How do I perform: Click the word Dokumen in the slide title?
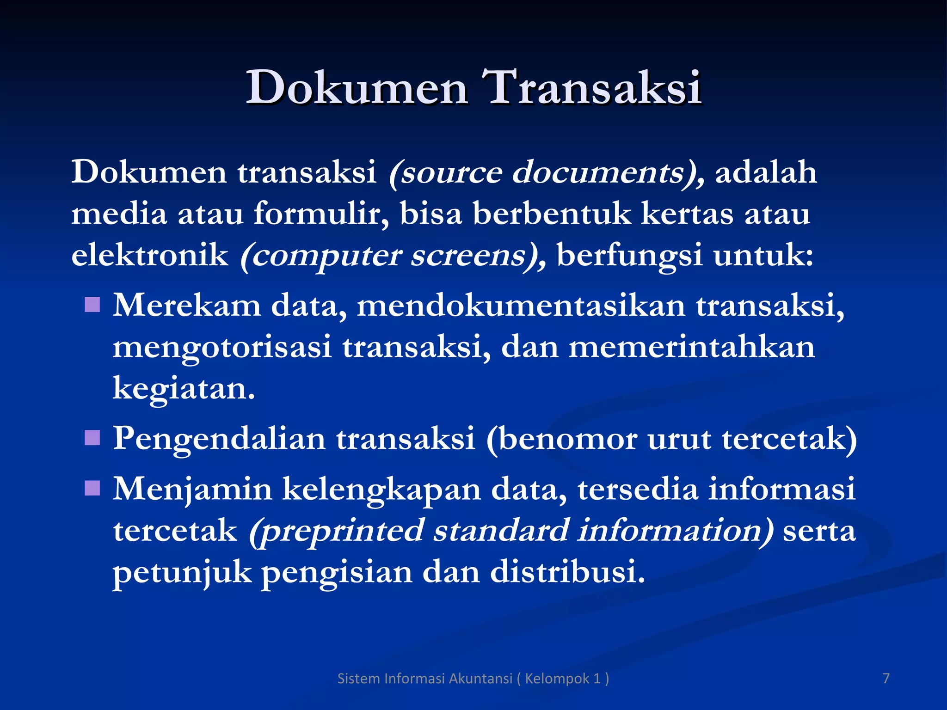pos(356,88)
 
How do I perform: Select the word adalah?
pos(766,173)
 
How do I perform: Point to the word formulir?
pos(321,214)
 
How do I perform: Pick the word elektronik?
pos(150,255)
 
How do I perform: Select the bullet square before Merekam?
pos(92,305)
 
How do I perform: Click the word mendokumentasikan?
pos(521,306)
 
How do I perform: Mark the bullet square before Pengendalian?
pos(92,437)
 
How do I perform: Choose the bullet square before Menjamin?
pos(92,488)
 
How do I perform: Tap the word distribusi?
pos(567,572)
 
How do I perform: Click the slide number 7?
pos(886,679)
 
